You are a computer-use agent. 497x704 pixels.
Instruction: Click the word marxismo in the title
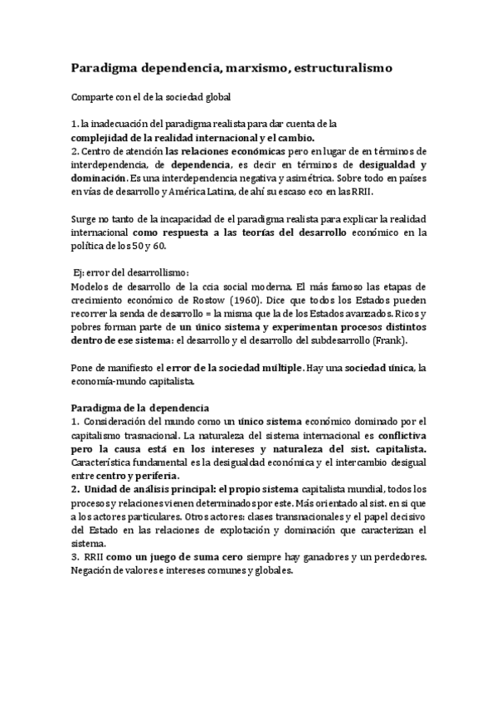(246, 66)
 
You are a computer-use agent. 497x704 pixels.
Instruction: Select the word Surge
(85, 219)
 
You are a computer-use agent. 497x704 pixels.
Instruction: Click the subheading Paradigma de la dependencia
(140, 408)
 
